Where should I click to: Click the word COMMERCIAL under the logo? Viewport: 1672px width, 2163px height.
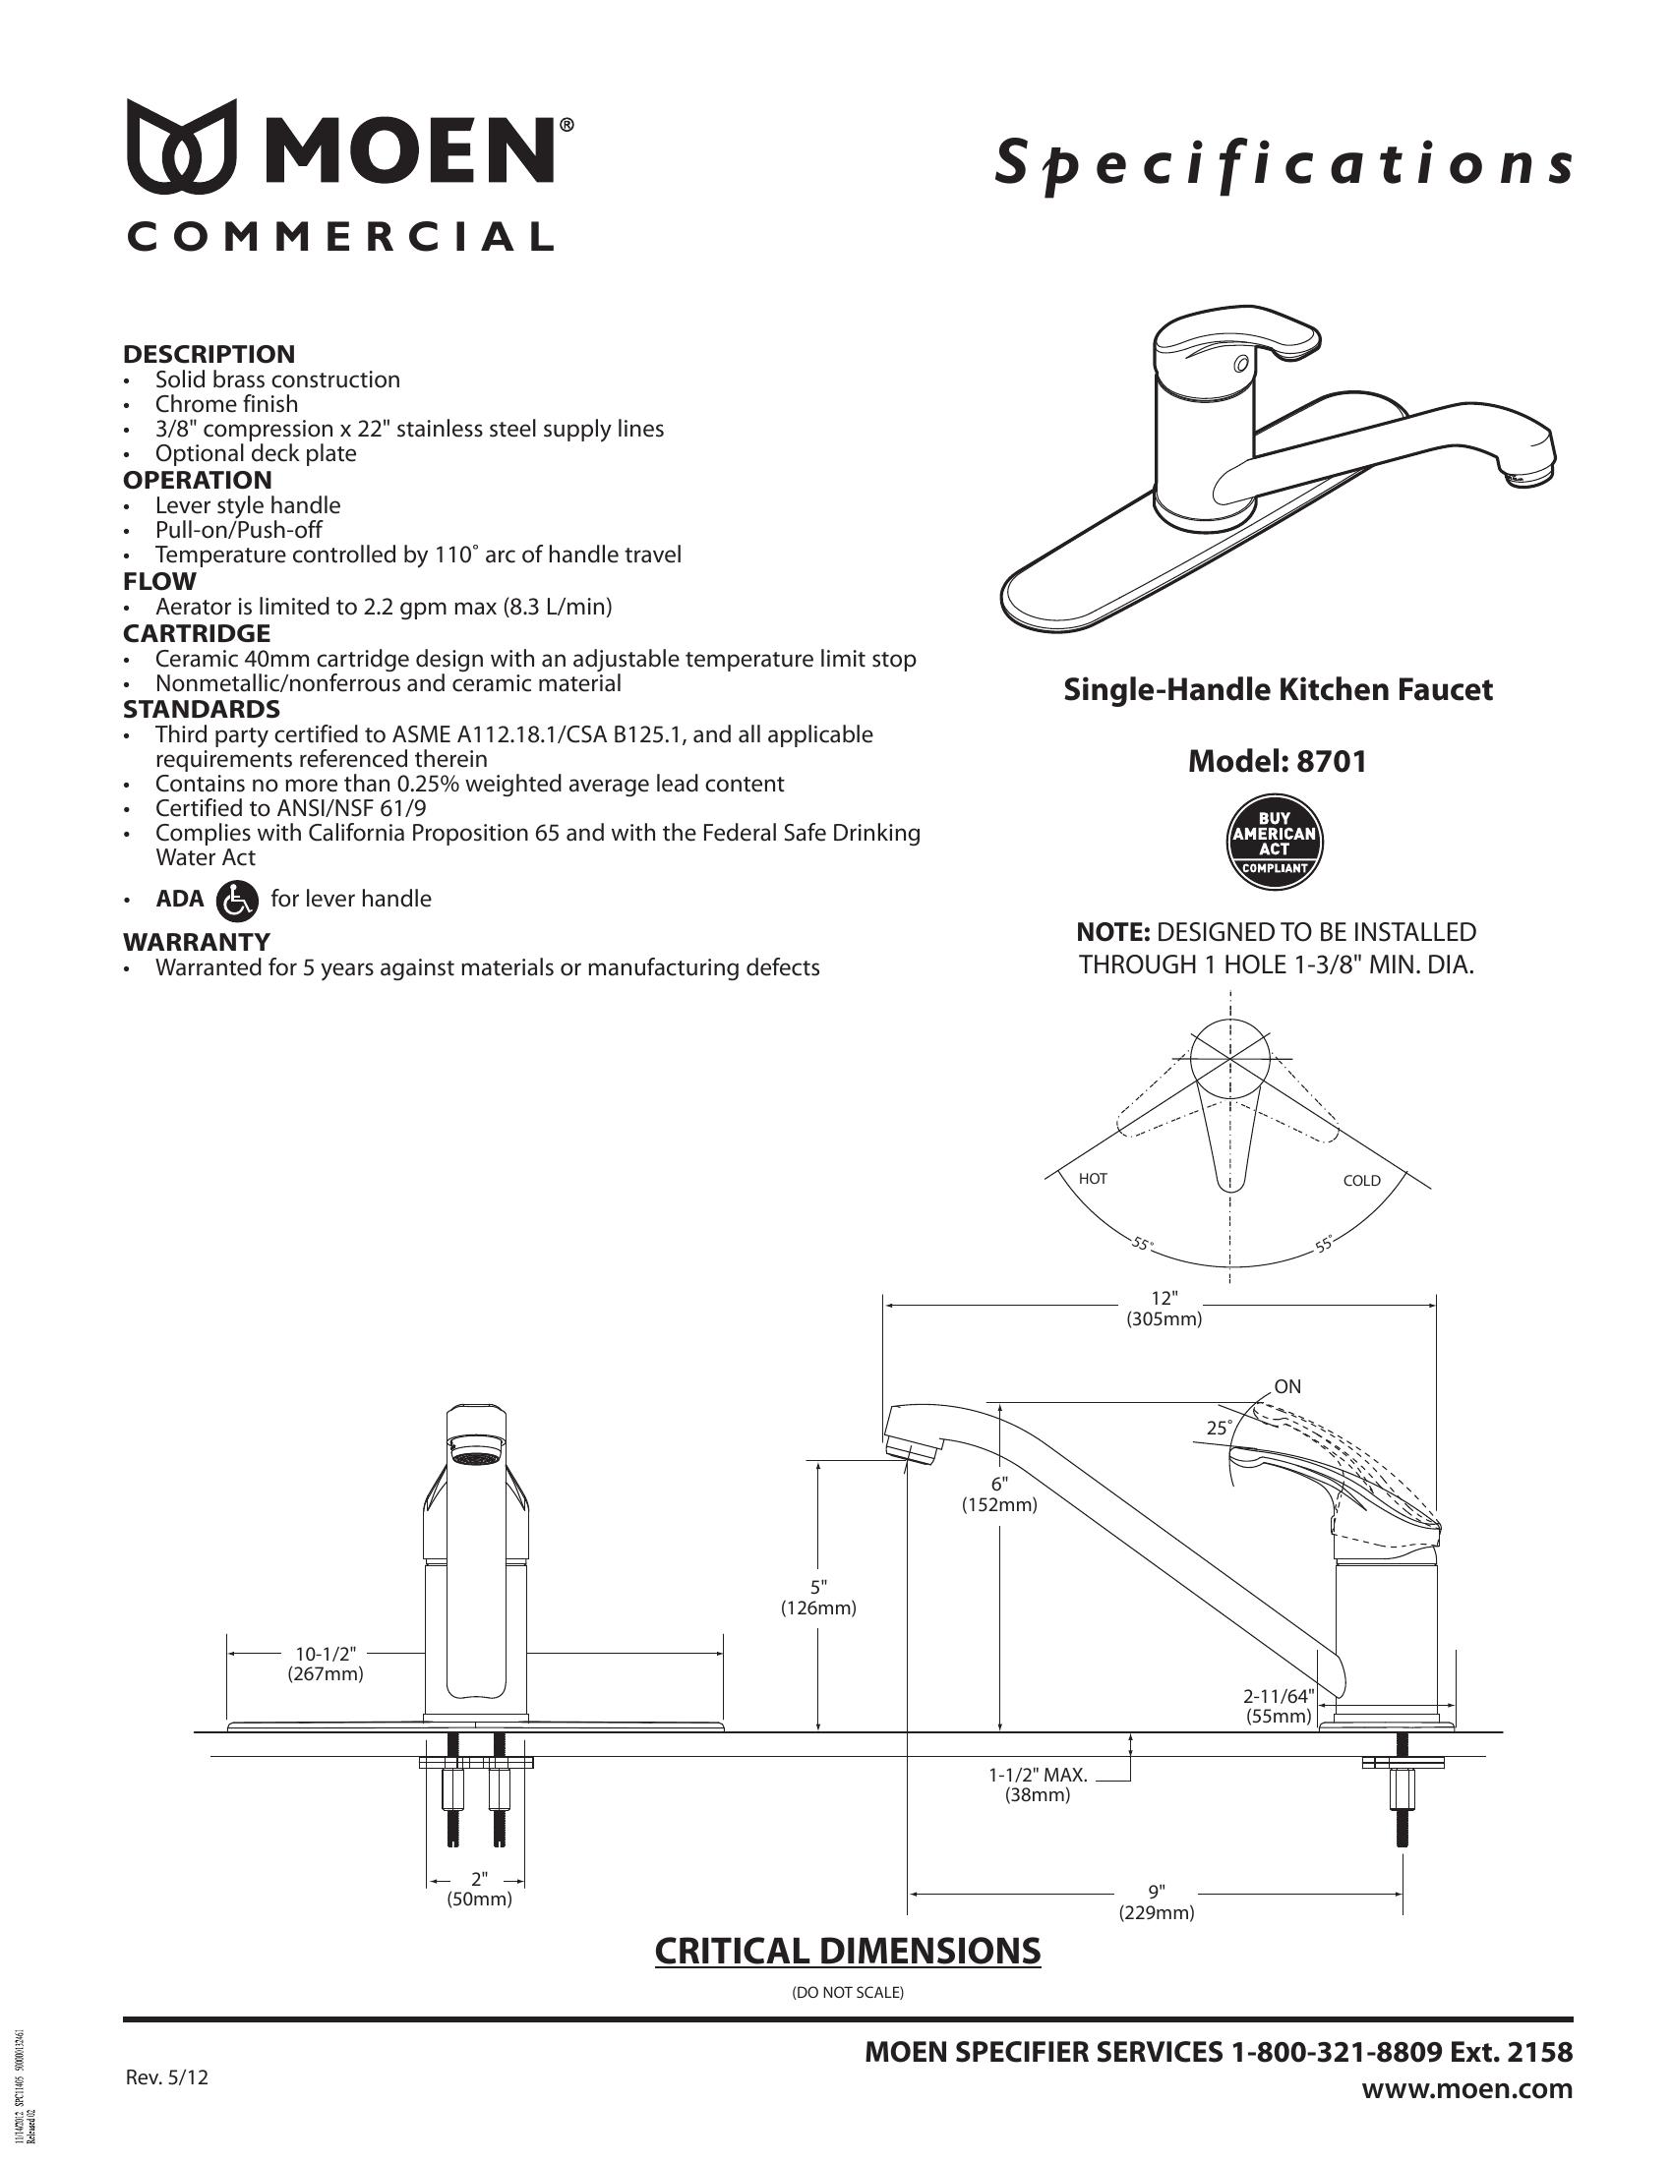pos(339,237)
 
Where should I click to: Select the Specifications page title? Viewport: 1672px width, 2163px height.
pos(1284,164)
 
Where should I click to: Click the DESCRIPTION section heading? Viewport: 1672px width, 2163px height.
pos(209,354)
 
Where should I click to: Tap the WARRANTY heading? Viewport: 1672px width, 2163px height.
pos(196,941)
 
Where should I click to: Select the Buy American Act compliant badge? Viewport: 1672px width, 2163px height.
pos(1275,842)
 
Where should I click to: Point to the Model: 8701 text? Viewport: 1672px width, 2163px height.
pos(1277,761)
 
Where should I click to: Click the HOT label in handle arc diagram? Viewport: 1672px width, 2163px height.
pos(1093,1179)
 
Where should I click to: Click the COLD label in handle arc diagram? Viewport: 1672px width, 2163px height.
pos(1361,1181)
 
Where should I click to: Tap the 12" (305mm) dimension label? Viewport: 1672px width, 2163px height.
pos(1164,1309)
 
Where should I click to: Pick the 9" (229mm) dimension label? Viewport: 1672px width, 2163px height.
pos(1156,1903)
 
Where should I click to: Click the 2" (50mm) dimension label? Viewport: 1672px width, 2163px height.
pos(479,1890)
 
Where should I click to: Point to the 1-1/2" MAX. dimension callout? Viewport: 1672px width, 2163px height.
pos(1038,1784)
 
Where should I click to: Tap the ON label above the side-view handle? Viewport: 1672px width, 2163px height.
pos(1286,1386)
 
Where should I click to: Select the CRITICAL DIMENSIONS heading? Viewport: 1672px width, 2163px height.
pos(847,1949)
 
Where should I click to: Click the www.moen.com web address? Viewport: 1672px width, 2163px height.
pos(1467,2088)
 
